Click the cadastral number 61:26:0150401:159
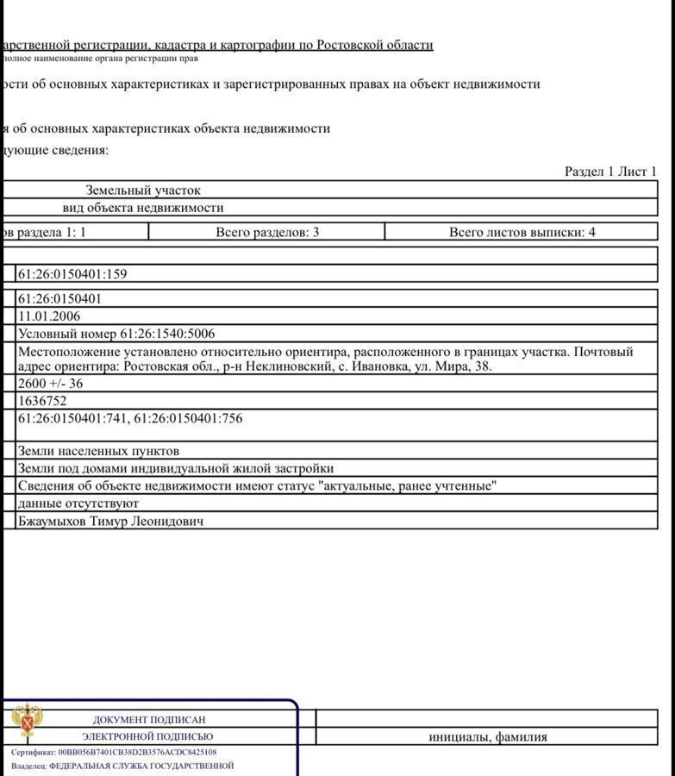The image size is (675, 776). point(72,274)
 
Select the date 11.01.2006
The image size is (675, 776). point(49,316)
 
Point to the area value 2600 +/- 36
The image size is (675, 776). point(51,384)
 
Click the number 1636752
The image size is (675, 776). point(42,401)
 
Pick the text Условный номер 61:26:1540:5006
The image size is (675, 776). point(116,334)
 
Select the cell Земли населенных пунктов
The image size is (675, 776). point(98,451)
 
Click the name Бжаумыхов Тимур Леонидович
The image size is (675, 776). point(111,521)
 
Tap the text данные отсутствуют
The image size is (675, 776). point(78,503)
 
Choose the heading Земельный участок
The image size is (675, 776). point(143,190)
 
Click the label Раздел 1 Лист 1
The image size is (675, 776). point(610,172)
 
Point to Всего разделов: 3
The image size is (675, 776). point(267,232)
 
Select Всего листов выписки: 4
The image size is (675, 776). point(522,232)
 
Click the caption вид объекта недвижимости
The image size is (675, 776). point(143,208)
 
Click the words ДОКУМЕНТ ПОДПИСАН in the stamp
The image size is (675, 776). point(149,719)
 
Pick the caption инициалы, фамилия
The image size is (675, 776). point(488,737)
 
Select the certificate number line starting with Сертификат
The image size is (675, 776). point(114,752)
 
